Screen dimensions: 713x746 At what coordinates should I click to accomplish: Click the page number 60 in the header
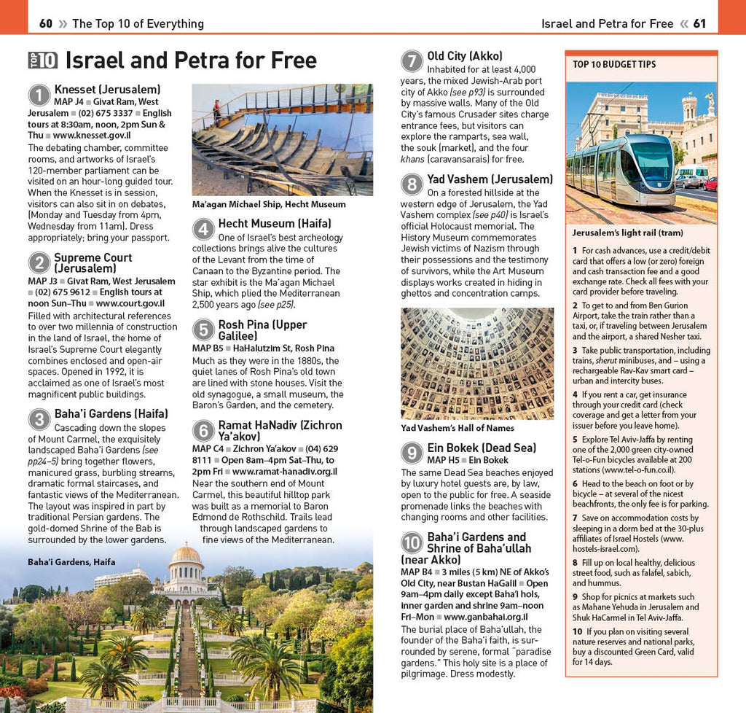click(45, 23)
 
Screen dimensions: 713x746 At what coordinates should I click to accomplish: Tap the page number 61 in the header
click(699, 23)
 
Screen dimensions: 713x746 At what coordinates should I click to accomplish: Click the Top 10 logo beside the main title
click(42, 60)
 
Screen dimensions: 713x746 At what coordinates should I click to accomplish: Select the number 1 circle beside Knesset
click(39, 96)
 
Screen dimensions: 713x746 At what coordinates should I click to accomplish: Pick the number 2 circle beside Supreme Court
click(39, 263)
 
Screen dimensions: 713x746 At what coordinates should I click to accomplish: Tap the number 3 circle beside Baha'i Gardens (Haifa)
click(39, 419)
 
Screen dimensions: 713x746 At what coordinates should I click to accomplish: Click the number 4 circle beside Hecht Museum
click(203, 230)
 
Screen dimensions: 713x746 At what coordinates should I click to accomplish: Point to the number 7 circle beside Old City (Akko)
click(412, 61)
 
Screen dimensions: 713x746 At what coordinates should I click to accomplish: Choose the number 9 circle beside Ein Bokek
click(412, 453)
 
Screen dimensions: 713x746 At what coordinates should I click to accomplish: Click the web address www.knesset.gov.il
click(92, 136)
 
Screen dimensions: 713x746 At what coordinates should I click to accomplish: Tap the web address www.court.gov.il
click(130, 303)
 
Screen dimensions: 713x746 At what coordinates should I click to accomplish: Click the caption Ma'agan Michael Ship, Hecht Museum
click(269, 205)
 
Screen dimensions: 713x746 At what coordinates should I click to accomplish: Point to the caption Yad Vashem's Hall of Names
click(458, 429)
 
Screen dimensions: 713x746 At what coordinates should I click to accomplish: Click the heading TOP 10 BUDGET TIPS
click(614, 65)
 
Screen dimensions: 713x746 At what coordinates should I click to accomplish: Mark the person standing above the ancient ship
click(216, 109)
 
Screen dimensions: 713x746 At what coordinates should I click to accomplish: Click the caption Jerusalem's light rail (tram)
click(627, 233)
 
